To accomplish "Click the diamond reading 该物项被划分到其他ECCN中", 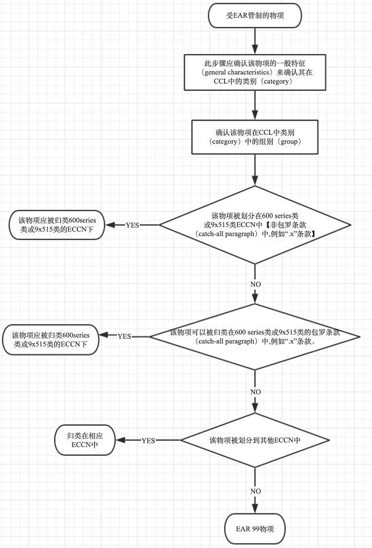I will click(x=255, y=440).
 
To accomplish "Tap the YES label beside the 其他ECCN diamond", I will click(x=148, y=440).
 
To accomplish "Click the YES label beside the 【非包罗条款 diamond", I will click(x=132, y=225).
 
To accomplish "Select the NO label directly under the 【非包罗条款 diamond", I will click(x=255, y=284).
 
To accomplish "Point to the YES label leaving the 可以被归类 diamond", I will click(x=124, y=336).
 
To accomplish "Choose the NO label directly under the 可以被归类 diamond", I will click(x=255, y=391).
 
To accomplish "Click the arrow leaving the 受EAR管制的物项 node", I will click(x=255, y=41).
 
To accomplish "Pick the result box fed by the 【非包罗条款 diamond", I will click(x=58, y=225).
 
